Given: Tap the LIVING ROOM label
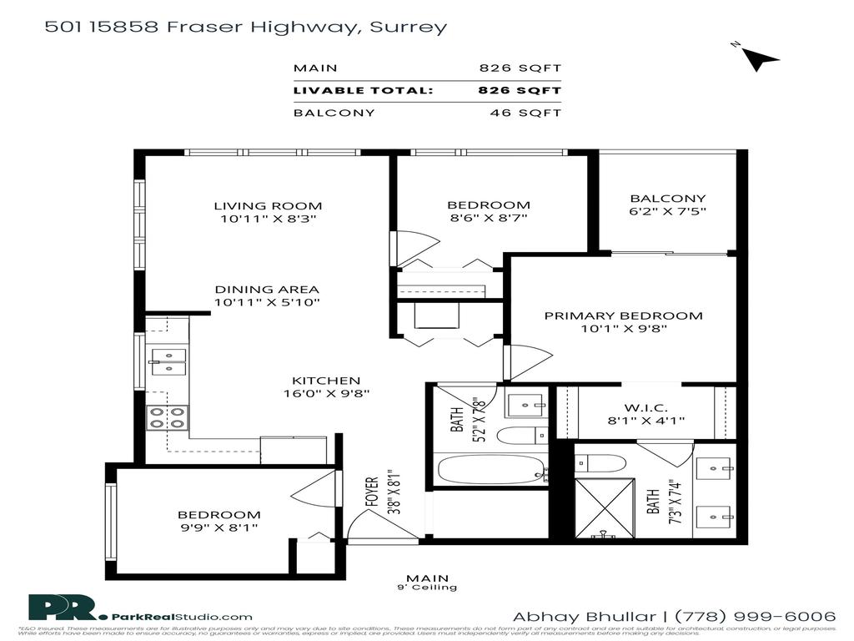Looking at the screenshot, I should [x=268, y=205].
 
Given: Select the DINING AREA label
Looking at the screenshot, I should [x=268, y=290].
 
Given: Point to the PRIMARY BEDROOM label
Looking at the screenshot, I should [x=623, y=315].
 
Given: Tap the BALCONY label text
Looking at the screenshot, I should [x=667, y=199].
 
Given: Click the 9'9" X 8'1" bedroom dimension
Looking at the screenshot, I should [x=219, y=527].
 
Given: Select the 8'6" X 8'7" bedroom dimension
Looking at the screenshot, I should [x=488, y=218].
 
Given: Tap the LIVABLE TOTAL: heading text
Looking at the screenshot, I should [x=363, y=90].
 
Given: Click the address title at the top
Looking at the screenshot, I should [x=245, y=27].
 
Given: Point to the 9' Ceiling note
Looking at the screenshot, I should [x=427, y=588].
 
